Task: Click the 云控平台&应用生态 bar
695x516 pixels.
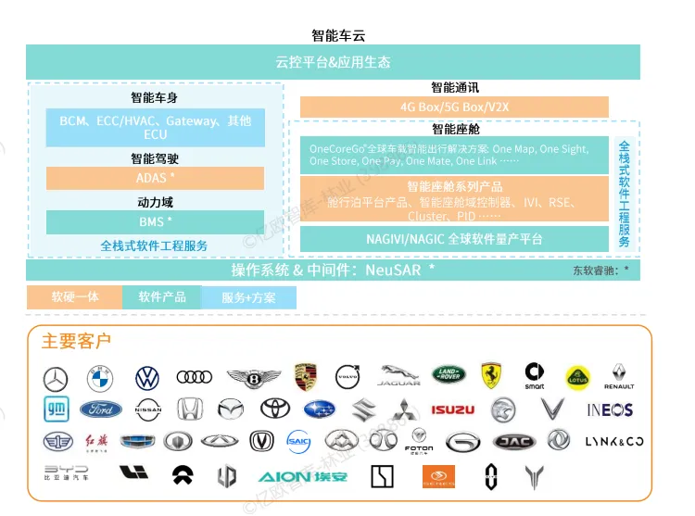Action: click(x=333, y=63)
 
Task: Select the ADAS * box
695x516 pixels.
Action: click(x=155, y=178)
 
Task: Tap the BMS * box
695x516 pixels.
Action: click(x=155, y=222)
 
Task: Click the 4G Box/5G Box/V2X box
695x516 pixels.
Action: click(x=454, y=107)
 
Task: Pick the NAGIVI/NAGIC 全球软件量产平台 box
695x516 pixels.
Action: click(x=453, y=239)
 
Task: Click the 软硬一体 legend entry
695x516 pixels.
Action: click(x=74, y=297)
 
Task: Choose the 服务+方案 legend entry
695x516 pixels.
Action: click(x=248, y=298)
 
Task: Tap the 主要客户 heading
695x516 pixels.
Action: click(x=76, y=342)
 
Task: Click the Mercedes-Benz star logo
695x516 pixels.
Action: click(x=56, y=378)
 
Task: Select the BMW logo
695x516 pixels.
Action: click(x=99, y=378)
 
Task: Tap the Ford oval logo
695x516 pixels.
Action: click(x=100, y=409)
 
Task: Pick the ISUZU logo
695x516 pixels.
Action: click(x=453, y=409)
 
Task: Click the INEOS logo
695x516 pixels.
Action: click(x=610, y=409)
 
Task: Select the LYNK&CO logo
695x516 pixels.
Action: click(x=613, y=441)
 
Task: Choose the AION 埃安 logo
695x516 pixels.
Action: click(x=303, y=477)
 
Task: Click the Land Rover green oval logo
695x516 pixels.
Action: click(x=447, y=375)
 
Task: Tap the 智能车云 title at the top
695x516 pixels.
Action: click(x=338, y=35)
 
